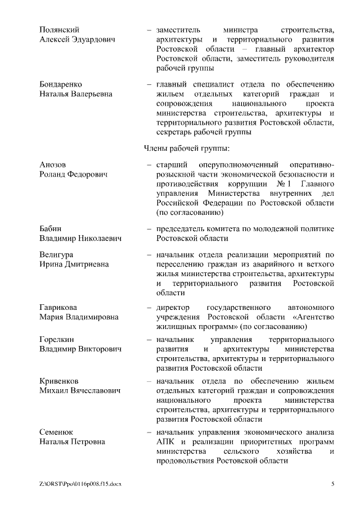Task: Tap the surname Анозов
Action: pos(53,164)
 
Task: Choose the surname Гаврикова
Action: pos(58,308)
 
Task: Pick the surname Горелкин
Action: pos(57,340)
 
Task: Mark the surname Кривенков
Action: pos(59,380)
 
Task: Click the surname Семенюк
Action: pos(57,431)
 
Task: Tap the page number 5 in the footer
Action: pos(333,484)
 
